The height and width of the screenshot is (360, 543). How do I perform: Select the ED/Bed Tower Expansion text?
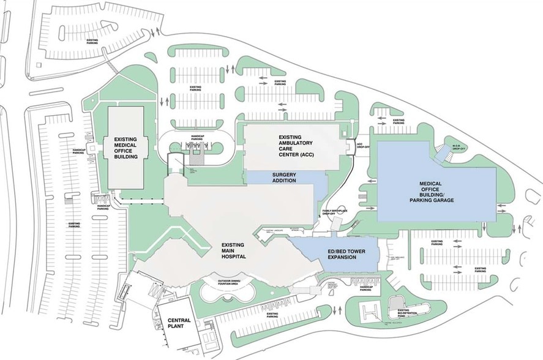click(x=334, y=255)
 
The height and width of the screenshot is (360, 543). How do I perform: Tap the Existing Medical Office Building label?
click(x=126, y=148)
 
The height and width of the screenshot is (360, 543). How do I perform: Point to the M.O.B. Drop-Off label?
click(x=460, y=146)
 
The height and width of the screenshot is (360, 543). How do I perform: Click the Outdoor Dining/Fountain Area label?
click(x=225, y=282)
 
